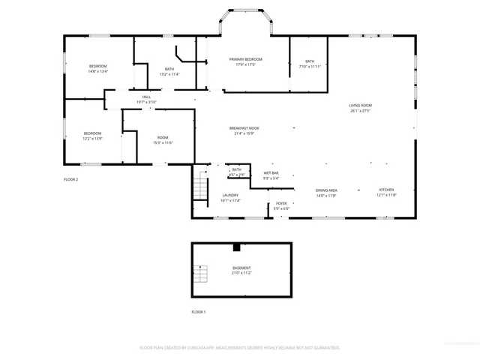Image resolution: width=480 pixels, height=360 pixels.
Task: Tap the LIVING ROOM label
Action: coord(360,105)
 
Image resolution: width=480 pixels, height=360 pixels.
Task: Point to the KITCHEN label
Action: coord(385,190)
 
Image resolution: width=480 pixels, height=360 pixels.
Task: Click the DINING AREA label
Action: coord(325,190)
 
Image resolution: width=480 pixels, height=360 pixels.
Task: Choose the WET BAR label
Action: coord(271,173)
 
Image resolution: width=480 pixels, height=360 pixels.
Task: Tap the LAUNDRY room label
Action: coord(230,195)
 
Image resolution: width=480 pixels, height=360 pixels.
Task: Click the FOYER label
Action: coord(281,203)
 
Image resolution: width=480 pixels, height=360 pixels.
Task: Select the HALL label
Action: coord(146,96)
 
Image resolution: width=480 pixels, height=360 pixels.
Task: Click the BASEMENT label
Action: coord(241,268)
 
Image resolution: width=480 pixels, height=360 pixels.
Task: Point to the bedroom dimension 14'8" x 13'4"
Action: coord(98,71)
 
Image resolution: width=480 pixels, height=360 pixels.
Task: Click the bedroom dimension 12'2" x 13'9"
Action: coord(92,139)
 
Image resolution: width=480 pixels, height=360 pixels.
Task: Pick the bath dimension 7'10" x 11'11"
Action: coord(310,67)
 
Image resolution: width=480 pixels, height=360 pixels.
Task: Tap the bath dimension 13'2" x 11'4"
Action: coord(169,74)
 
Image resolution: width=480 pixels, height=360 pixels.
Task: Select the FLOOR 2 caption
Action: coord(70,179)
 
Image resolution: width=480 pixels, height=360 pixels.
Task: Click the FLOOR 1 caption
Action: coord(198,311)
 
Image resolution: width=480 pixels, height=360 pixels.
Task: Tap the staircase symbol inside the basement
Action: coord(200,274)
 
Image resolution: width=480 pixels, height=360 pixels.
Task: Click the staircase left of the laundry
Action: coord(200,186)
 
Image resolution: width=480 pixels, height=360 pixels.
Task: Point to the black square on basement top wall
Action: coord(237,247)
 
